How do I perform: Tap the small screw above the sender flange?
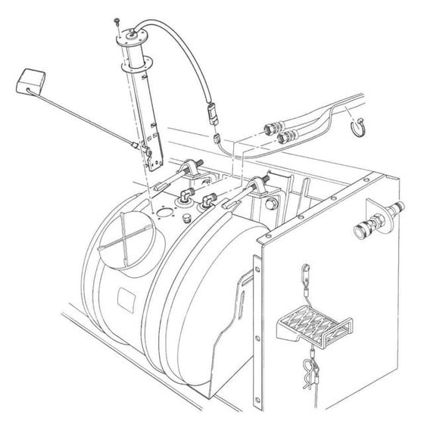pos(118,21)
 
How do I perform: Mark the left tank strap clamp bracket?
pos(191,168)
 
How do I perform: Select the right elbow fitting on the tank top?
pos(207,203)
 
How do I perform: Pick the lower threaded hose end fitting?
pos(286,137)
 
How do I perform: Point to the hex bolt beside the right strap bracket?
pos(271,204)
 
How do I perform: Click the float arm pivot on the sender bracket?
pos(137,145)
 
